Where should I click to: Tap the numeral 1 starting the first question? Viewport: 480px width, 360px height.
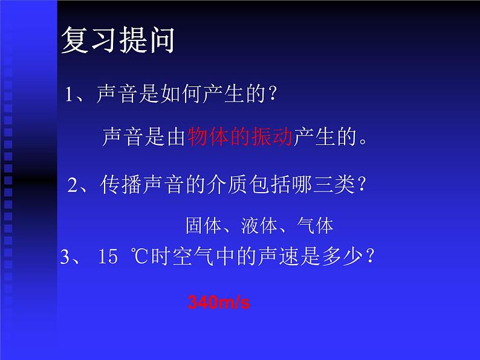pos(70,94)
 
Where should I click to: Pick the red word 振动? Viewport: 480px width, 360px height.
pos(265,138)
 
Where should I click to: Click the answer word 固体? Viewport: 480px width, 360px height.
pos(200,226)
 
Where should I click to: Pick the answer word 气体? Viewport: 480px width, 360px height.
pos(316,226)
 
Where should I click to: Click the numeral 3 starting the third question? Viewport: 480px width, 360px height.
pos(65,258)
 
